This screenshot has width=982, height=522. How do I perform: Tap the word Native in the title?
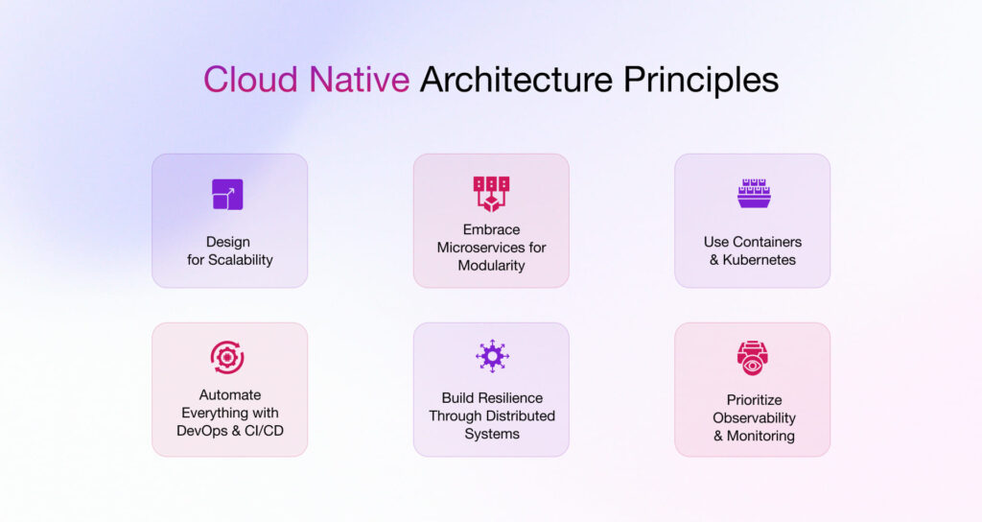click(x=359, y=80)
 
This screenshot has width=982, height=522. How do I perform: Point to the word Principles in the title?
click(x=701, y=80)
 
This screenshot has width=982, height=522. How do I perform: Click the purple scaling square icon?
click(x=227, y=194)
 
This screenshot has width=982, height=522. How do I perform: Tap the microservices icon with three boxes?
click(x=491, y=193)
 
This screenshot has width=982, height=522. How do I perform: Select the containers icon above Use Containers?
click(x=753, y=193)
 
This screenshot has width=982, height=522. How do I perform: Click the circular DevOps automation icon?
click(x=227, y=357)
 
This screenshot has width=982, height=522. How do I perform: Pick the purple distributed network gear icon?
click(x=492, y=356)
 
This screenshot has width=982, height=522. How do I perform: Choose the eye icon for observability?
click(x=753, y=358)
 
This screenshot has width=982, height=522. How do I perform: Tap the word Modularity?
click(x=491, y=265)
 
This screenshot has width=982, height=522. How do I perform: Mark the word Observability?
click(x=754, y=417)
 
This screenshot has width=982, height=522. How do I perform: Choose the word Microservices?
click(x=479, y=248)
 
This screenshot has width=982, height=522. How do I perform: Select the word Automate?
click(x=230, y=394)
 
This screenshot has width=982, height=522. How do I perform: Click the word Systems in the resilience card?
click(x=492, y=434)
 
